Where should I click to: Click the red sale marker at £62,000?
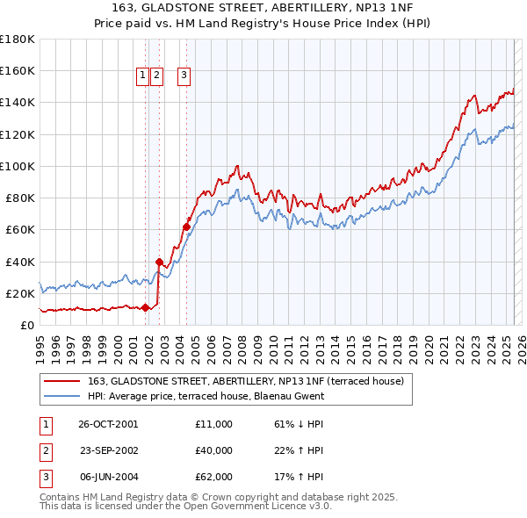pyautogui.click(x=186, y=227)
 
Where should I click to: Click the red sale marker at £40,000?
pyautogui.click(x=159, y=262)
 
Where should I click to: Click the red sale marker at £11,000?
pyautogui.click(x=145, y=307)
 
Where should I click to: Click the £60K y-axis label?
pyautogui.click(x=20, y=230)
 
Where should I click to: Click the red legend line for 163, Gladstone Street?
pyautogui.click(x=61, y=381)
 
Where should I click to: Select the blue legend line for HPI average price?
pyautogui.click(x=61, y=396)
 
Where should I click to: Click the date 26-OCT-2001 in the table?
pyautogui.click(x=108, y=424)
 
